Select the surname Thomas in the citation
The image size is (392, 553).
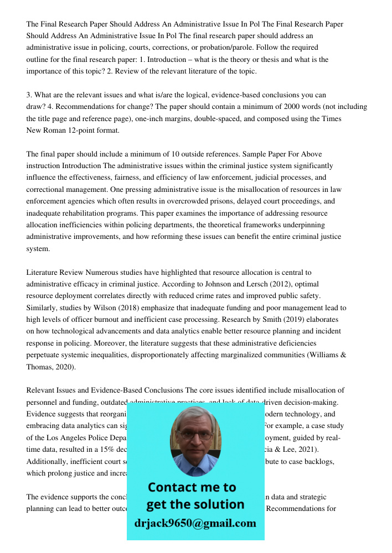(x=39, y=367)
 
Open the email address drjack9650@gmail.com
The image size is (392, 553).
(x=195, y=523)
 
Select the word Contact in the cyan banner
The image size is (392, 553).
(x=172, y=487)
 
